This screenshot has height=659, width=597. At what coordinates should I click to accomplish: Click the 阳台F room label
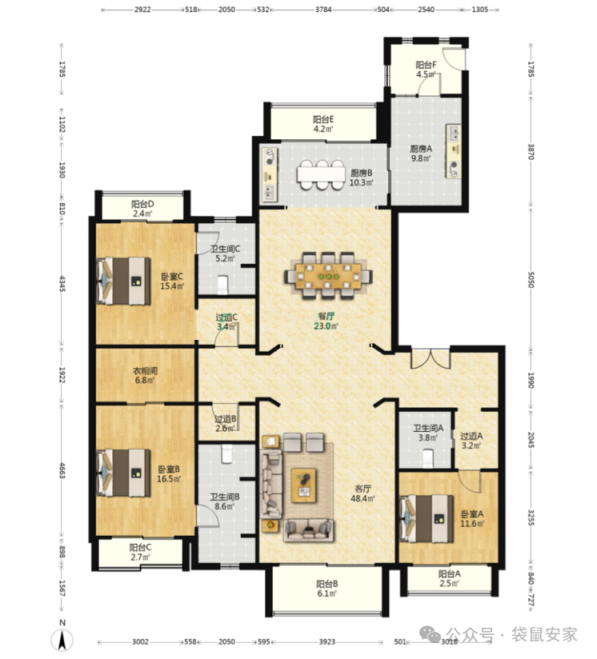click(x=426, y=65)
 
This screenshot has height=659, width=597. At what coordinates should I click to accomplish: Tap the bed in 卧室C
click(x=123, y=281)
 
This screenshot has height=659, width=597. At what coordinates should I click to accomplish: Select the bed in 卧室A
click(x=427, y=518)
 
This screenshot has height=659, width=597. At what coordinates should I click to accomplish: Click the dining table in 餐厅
click(x=328, y=276)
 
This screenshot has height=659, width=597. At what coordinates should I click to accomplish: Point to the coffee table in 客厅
click(x=303, y=485)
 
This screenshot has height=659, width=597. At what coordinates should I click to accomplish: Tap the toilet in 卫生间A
click(x=427, y=458)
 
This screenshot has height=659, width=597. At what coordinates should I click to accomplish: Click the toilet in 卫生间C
click(x=222, y=285)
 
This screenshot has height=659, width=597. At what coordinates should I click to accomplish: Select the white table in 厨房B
click(x=321, y=174)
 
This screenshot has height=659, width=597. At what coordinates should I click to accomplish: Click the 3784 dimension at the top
click(x=323, y=10)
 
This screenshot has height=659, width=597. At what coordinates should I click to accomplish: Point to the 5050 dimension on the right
click(x=531, y=279)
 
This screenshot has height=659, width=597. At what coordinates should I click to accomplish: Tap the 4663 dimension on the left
click(x=62, y=470)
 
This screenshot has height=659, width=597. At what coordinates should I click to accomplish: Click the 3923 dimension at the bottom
click(x=327, y=641)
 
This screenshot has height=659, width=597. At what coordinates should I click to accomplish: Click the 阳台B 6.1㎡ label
click(x=327, y=589)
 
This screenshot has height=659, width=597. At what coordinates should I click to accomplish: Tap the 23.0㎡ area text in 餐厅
click(x=327, y=326)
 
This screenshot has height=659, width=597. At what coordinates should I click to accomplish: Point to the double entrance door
click(x=431, y=359)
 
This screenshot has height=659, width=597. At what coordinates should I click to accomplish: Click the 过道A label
click(x=471, y=436)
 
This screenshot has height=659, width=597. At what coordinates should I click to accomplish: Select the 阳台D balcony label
click(x=142, y=204)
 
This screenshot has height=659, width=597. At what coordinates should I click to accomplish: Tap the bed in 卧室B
click(x=123, y=473)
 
